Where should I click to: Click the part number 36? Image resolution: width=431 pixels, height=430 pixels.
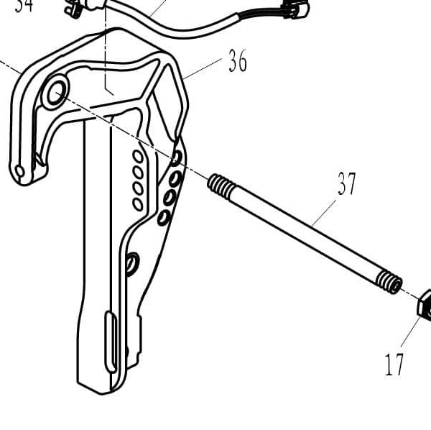(x=238, y=62)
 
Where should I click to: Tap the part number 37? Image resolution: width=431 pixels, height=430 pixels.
(x=347, y=185)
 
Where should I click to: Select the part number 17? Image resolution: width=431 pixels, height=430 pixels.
(x=394, y=365)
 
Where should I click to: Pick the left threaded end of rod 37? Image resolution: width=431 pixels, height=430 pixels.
(x=221, y=188)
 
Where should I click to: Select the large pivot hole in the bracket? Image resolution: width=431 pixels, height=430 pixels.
(x=55, y=92)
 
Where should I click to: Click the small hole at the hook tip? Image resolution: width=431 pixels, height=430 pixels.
(x=19, y=171)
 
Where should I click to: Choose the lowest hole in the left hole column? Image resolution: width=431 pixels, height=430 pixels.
(x=137, y=204)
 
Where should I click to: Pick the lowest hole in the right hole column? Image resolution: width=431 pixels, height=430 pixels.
(x=164, y=216)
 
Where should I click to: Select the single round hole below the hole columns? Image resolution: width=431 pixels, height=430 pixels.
(x=131, y=262)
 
